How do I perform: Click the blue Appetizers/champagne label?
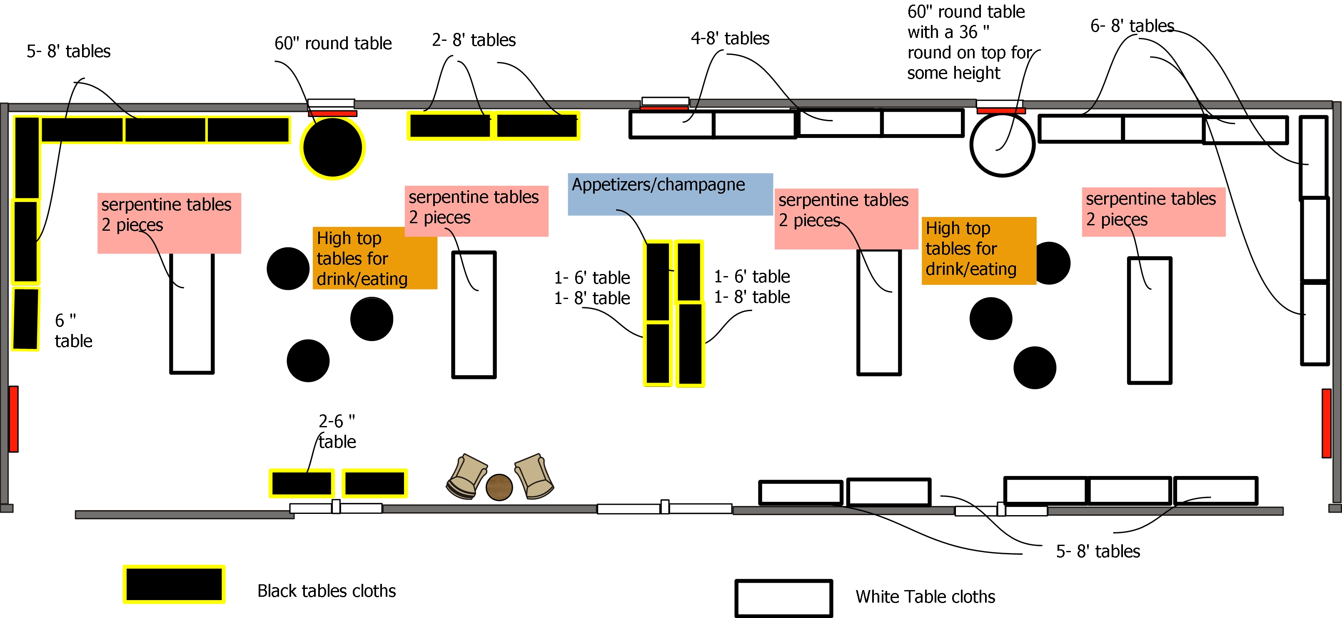coord(670,194)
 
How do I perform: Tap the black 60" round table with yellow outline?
coord(332,147)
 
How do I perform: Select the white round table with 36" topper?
coord(1002,145)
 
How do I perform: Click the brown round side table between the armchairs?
coord(499,487)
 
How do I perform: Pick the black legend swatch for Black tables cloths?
coord(174,584)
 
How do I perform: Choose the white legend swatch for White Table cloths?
coord(783,598)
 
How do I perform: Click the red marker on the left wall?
coord(14,419)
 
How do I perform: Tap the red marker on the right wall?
coord(1326,423)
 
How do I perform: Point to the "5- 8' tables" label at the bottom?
coord(1098,551)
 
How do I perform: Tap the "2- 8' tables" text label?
coord(474,40)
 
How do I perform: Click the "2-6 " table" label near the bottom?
coord(337,431)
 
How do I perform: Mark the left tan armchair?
coord(467,476)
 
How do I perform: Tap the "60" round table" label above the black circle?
coord(333,43)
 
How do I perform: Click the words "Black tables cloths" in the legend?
coord(326,591)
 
